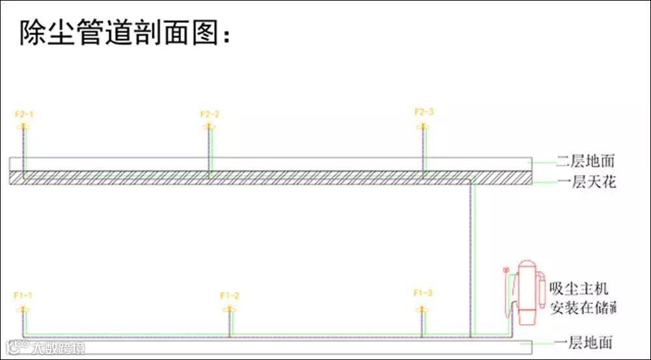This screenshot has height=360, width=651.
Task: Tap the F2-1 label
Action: pyautogui.click(x=24, y=115)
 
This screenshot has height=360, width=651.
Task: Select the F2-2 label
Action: pyautogui.click(x=210, y=115)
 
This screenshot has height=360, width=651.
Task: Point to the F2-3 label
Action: pyautogui.click(x=424, y=112)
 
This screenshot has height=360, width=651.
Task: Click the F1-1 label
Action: pyautogui.click(x=23, y=296)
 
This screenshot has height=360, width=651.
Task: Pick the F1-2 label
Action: pyautogui.click(x=230, y=296)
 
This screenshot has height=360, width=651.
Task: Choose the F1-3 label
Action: pyautogui.click(x=422, y=293)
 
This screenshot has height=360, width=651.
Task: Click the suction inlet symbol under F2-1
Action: pyautogui.click(x=24, y=125)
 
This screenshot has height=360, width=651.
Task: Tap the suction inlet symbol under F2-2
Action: pyautogui.click(x=209, y=125)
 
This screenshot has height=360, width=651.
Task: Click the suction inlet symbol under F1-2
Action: pyautogui.click(x=229, y=308)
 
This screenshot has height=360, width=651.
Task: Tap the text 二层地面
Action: pyautogui.click(x=585, y=160)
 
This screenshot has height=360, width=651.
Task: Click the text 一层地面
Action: pyautogui.click(x=583, y=342)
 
